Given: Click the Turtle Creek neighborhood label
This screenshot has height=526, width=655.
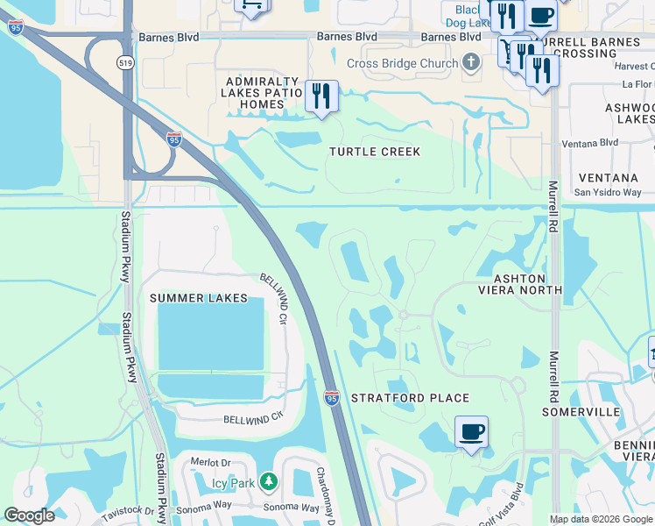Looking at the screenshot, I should click(x=375, y=152).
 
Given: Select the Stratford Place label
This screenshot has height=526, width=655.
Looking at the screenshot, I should click(x=398, y=398).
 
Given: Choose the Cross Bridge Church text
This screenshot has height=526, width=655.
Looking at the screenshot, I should click(x=402, y=63).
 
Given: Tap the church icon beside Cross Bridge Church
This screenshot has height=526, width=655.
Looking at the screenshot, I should click(x=471, y=62).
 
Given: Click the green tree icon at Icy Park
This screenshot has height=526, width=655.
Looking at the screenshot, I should click(x=268, y=482).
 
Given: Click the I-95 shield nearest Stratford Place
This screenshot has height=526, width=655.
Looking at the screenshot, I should click(x=331, y=397).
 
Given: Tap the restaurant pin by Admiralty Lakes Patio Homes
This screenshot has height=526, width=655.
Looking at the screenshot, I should click(x=321, y=96).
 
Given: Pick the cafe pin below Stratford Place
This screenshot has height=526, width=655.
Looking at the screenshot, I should click(x=471, y=431).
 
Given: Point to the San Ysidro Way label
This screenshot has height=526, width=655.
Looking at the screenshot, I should click(x=608, y=193).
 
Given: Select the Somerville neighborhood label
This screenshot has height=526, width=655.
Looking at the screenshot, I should click(x=581, y=411).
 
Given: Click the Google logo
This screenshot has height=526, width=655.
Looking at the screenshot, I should click(x=30, y=515).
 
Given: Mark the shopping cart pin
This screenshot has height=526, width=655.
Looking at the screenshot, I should click(x=252, y=5).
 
